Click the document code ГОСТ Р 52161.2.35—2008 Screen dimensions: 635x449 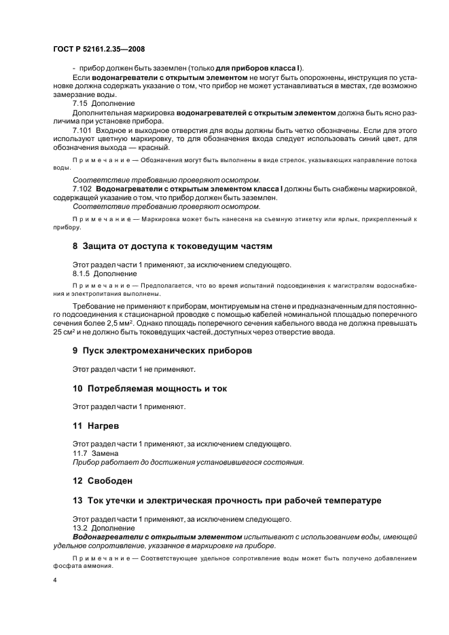pos(99,50)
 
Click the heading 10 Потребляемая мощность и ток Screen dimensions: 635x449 pos(149,388)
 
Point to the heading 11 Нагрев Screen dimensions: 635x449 pos(96,425)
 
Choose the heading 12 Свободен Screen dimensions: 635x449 pos(103,480)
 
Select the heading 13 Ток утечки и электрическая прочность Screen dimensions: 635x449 pos(227,501)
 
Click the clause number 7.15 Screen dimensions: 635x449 pos(82,103)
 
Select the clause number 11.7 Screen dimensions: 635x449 pos(80,453)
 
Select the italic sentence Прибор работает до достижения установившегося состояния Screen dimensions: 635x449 pos(187,462)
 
